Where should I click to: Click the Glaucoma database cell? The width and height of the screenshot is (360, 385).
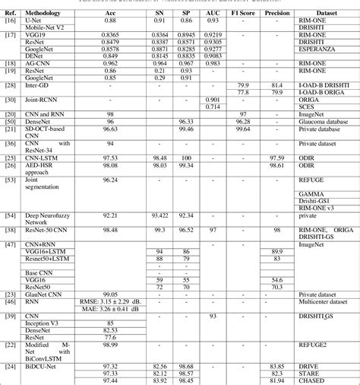[x=321, y=121]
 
